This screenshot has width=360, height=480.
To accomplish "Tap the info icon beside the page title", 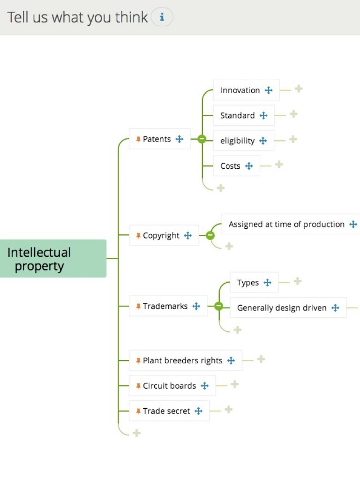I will pyautogui.click(x=162, y=17).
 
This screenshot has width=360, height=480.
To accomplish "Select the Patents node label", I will pyautogui.click(x=157, y=139).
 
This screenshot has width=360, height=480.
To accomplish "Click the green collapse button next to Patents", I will pyautogui.click(x=202, y=139).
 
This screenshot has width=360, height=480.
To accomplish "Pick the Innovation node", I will pyautogui.click(x=240, y=90).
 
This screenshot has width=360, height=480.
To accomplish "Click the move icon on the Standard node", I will pyautogui.click(x=263, y=115).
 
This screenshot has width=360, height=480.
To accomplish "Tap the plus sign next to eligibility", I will pyautogui.click(x=293, y=139).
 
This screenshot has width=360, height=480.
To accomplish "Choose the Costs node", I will pyautogui.click(x=230, y=166).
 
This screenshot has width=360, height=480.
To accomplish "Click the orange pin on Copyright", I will pyautogui.click(x=138, y=236).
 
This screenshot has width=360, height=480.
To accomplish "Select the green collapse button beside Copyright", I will pyautogui.click(x=210, y=235).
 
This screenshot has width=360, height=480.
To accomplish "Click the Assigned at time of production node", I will pyautogui.click(x=286, y=225).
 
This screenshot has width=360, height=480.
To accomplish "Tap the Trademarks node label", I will pyautogui.click(x=165, y=307).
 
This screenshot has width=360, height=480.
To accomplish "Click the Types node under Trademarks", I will pyautogui.click(x=248, y=283).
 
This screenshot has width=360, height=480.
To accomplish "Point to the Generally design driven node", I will pyautogui.click(x=282, y=308).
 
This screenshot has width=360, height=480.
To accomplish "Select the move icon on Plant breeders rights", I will pyautogui.click(x=231, y=360).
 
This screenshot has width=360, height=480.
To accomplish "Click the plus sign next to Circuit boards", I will pyautogui.click(x=235, y=384).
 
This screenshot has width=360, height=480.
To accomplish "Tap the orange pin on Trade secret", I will pyautogui.click(x=138, y=411).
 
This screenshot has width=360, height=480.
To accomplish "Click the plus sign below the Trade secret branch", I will pyautogui.click(x=136, y=433).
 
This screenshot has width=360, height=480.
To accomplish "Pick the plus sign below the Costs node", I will pyautogui.click(x=221, y=188).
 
